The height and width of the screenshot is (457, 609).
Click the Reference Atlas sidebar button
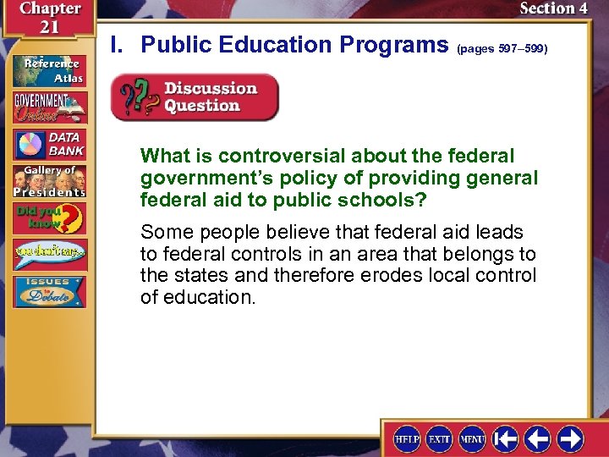point(49,69)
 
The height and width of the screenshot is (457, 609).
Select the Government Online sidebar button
point(49,107)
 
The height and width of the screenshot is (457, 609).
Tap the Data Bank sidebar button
point(49,145)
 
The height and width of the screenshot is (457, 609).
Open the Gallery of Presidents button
point(49,181)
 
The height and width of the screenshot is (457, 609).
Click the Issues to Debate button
point(49,292)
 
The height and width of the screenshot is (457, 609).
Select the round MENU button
point(472,439)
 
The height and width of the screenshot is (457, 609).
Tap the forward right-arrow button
point(569,439)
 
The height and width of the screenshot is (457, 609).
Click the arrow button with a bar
point(506,439)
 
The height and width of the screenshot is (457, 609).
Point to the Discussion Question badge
point(195,97)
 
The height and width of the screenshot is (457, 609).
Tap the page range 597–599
point(502,49)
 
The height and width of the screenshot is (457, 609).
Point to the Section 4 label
point(553,8)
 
